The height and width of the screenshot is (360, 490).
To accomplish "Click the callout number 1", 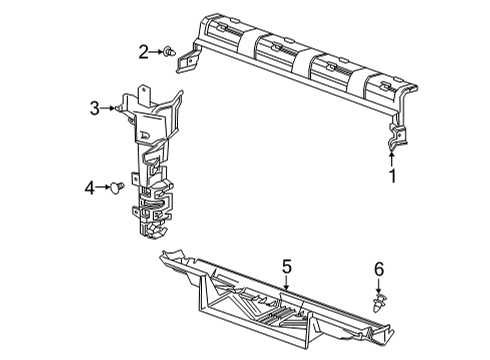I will pos(392,178).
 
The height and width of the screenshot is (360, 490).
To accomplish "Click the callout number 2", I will pos(143,50).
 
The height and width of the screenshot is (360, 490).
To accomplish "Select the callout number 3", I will pos(94,108).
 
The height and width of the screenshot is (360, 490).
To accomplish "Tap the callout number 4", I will pos(89,186).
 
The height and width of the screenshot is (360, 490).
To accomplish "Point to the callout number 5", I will pos(286,267).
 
